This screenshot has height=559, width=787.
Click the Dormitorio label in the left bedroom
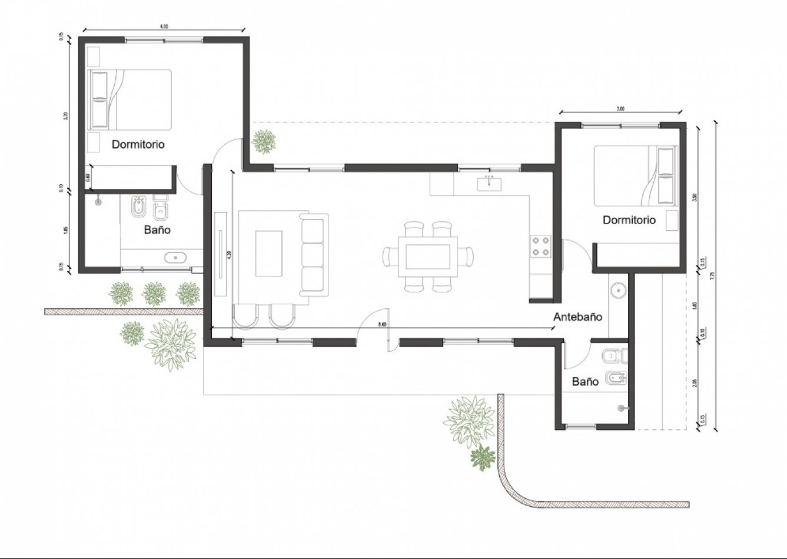click(138, 144)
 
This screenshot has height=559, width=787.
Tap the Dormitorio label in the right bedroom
click(629, 220)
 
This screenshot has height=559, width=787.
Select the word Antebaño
click(577, 317)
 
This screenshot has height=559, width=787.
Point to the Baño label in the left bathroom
click(157, 229)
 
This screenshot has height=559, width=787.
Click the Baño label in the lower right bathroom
click(585, 381)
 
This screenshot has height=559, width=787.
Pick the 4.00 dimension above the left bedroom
click(164, 26)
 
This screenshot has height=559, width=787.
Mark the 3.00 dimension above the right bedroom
click(620, 109)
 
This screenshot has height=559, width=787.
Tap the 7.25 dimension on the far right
click(712, 275)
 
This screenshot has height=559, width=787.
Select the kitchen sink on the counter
click(489, 184)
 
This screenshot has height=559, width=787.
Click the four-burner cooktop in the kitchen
click(541, 246)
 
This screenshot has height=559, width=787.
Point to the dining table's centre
click(427, 257)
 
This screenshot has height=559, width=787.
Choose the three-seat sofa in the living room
click(313, 257)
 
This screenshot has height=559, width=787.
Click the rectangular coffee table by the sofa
click(268, 253)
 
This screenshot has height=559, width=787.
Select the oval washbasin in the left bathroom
click(175, 257)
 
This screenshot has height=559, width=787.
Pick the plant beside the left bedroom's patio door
click(264, 141)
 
